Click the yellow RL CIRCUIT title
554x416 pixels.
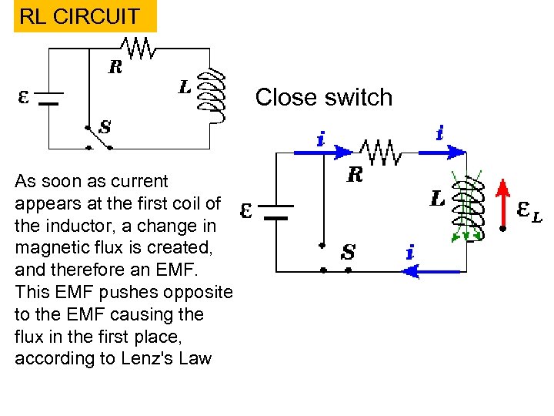point(79,16)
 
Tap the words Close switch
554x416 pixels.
point(323,98)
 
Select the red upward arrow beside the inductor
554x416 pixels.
point(502,205)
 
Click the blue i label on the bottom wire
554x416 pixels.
point(410,252)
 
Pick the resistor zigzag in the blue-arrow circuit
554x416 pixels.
point(381,153)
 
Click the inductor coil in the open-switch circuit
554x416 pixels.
point(213,96)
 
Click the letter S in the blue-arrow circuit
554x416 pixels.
point(348,252)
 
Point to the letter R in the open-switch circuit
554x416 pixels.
point(115,68)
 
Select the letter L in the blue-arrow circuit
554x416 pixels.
point(437,199)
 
